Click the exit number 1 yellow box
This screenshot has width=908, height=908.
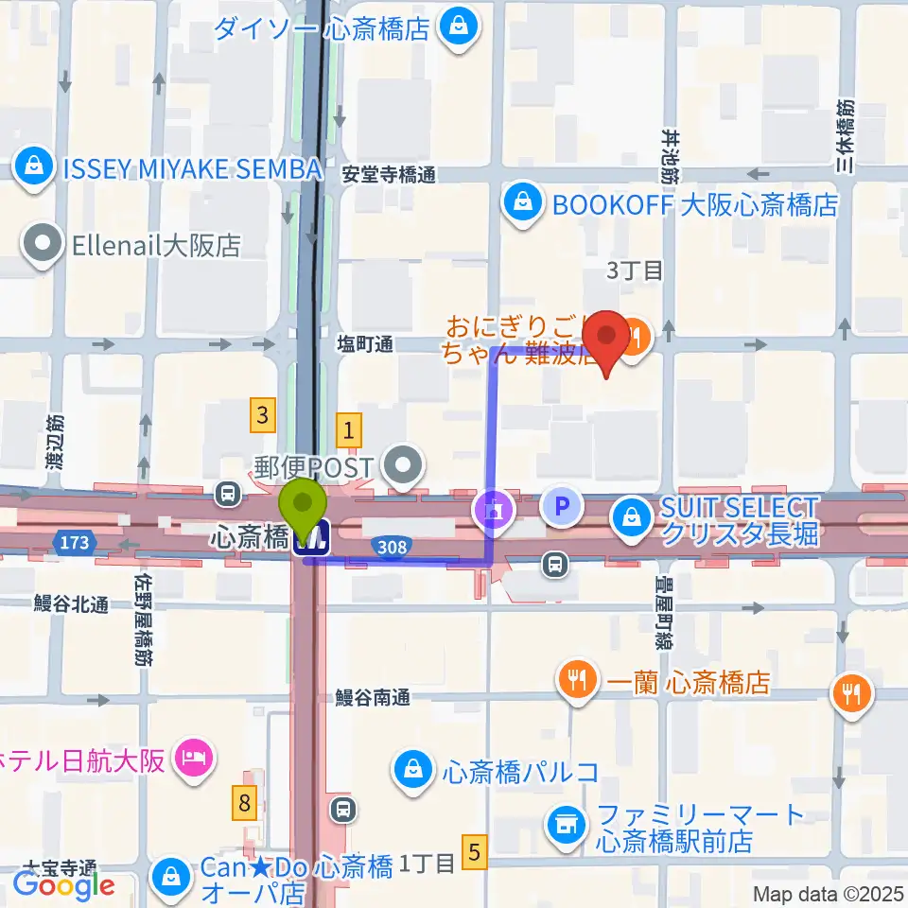pos(350,431)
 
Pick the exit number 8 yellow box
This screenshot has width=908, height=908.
pos(246,804)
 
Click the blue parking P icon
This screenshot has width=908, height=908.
pos(562,508)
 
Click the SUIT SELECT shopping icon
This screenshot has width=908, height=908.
pos(630,516)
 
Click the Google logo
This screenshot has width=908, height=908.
pos(63,884)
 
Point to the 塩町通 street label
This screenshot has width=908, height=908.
pos(364,346)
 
